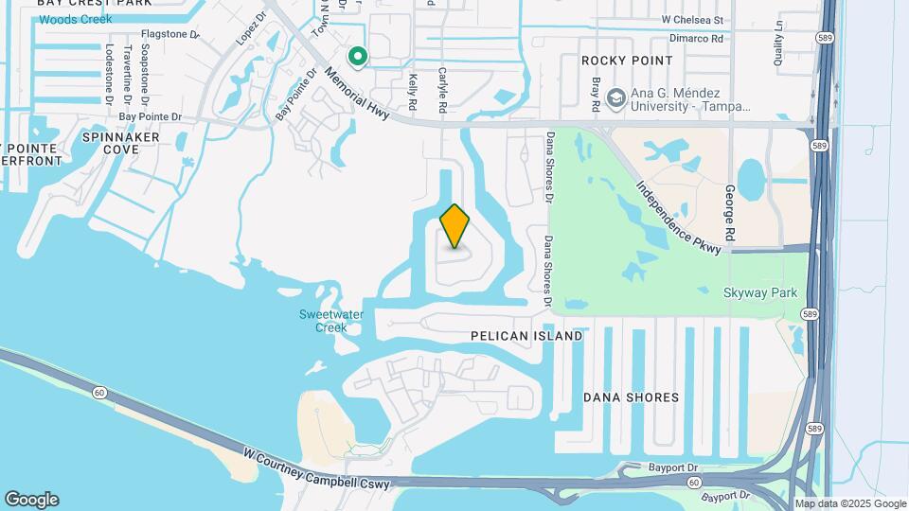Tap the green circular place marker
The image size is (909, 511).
358,58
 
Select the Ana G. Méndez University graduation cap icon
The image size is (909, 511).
616,97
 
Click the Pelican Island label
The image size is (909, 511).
526,336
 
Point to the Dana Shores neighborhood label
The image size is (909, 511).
631,397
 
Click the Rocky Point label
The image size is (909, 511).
627,61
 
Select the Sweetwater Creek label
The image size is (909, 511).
324,321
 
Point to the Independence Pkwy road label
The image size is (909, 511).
679,217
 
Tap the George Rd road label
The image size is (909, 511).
730,212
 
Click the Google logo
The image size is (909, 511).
31,500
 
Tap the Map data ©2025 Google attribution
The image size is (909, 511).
850,504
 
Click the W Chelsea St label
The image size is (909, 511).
692,19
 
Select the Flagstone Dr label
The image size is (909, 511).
171,34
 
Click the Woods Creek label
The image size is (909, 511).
75,19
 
